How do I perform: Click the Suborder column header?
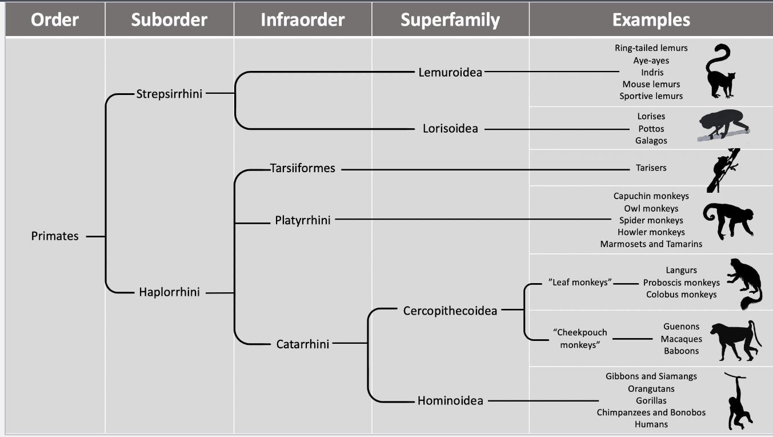(169, 20)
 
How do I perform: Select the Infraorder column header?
(302, 20)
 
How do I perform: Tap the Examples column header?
(651, 20)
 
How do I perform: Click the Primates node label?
(55, 236)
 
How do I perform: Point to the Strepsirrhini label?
(169, 94)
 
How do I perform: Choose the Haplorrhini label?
(169, 292)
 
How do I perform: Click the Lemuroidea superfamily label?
(450, 73)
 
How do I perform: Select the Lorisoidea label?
(450, 129)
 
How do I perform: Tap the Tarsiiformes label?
(303, 169)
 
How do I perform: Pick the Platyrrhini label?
(303, 220)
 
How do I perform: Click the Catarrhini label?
(303, 344)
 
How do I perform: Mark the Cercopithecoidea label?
(450, 311)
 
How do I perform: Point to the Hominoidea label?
(450, 401)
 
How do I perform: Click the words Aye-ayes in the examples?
(651, 61)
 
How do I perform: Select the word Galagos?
(651, 141)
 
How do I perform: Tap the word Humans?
(651, 424)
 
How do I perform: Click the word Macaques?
(681, 339)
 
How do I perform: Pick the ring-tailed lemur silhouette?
(720, 71)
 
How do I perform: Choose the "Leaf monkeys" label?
(580, 283)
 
